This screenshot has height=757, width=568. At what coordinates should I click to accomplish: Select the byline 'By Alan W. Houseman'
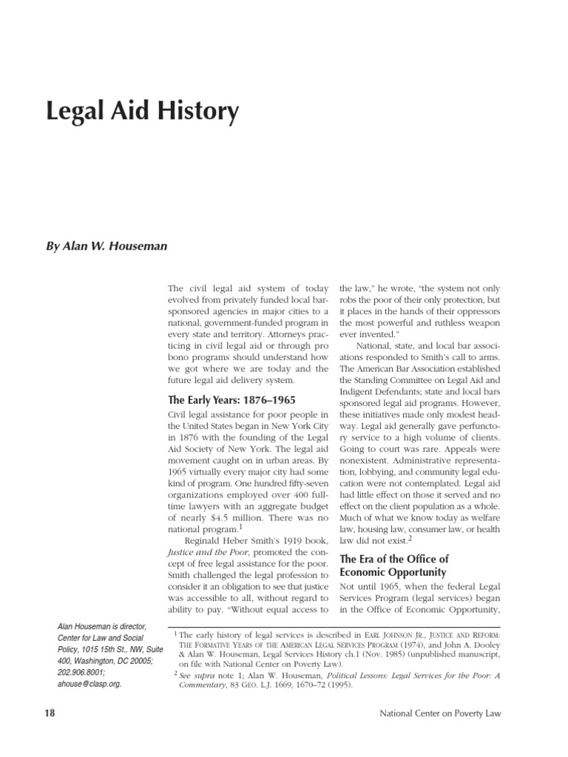point(107,245)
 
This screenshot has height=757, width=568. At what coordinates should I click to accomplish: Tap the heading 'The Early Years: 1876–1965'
point(233,400)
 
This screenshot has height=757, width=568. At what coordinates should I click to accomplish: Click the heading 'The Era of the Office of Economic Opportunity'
point(393,565)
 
